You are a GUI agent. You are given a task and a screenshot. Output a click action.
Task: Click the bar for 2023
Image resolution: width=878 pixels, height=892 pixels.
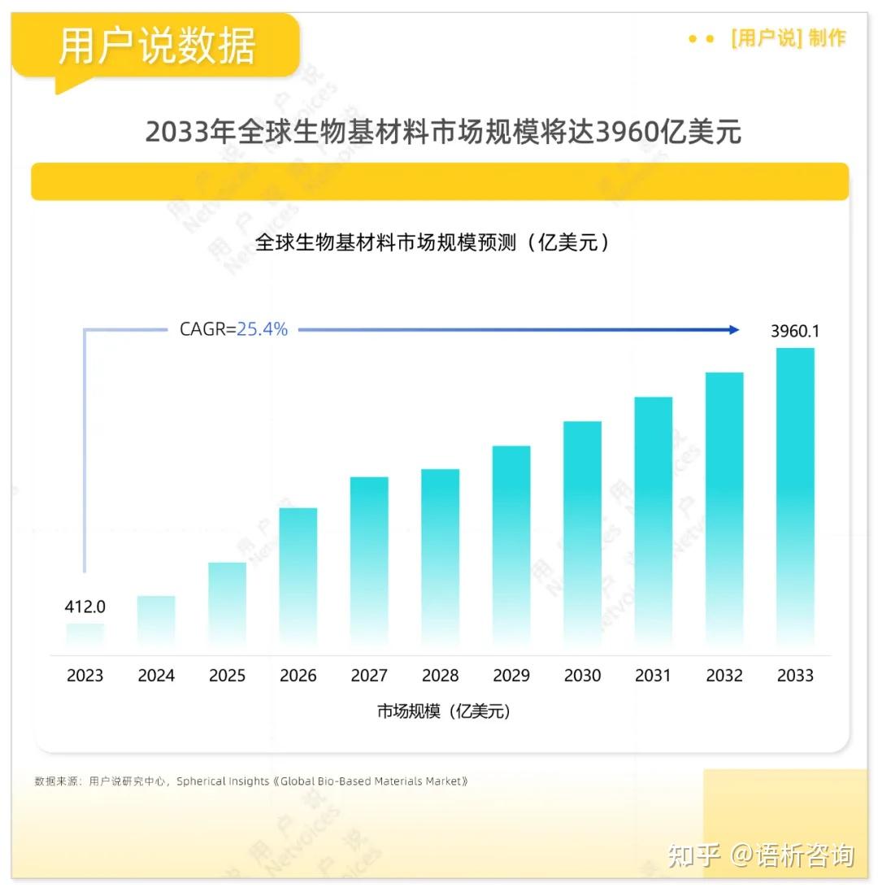pyautogui.click(x=85, y=637)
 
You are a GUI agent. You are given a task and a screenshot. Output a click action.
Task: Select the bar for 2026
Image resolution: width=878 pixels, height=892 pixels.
pyautogui.click(x=298, y=579)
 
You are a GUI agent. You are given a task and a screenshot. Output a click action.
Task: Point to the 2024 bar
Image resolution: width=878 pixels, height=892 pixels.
pyautogui.click(x=156, y=624)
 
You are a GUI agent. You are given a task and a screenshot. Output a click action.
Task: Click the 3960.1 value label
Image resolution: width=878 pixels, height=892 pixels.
pyautogui.click(x=795, y=331)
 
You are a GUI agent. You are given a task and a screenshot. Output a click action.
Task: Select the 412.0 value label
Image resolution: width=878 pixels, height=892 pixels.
pyautogui.click(x=85, y=607)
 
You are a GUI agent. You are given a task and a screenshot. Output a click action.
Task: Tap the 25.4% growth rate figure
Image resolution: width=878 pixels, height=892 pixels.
pyautogui.click(x=262, y=329)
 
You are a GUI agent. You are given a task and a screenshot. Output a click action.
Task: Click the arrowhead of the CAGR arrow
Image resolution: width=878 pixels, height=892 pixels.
pyautogui.click(x=734, y=330)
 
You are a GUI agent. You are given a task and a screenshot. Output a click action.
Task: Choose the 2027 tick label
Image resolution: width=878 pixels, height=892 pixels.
pyautogui.click(x=369, y=676)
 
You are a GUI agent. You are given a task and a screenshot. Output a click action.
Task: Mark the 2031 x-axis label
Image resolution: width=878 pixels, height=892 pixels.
pyautogui.click(x=653, y=676)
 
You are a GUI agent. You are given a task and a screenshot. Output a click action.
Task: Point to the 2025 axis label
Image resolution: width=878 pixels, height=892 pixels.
pyautogui.click(x=227, y=676)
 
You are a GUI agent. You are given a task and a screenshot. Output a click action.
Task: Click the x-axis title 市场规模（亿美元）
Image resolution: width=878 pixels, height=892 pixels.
pyautogui.click(x=444, y=711)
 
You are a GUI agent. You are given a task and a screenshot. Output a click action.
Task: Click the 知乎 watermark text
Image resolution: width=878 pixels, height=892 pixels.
pyautogui.click(x=693, y=855)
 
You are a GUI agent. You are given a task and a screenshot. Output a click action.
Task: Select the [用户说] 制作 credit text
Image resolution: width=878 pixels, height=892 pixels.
pyautogui.click(x=788, y=38)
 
